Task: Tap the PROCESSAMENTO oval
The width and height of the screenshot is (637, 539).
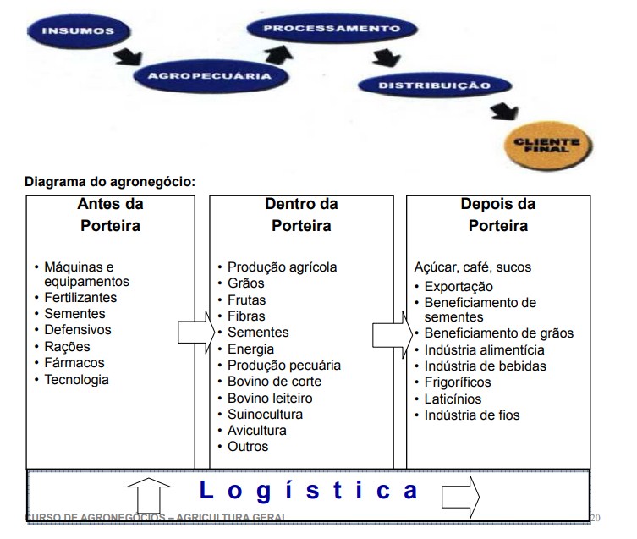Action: (331, 28)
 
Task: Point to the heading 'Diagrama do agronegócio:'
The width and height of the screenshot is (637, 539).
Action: (110, 181)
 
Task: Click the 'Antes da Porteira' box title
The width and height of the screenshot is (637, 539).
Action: (110, 215)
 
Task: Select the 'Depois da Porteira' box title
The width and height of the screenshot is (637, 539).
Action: (498, 215)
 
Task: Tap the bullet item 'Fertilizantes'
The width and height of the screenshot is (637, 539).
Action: (81, 298)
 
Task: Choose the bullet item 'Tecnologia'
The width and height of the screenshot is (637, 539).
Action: (77, 379)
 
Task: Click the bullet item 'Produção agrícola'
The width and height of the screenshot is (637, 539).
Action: (282, 267)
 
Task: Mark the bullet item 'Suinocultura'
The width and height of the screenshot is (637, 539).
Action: (265, 415)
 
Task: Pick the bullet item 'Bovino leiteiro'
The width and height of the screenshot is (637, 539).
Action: (270, 398)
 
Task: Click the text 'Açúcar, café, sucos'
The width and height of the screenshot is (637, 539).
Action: (473, 267)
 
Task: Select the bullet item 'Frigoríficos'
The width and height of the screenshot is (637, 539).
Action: (469, 382)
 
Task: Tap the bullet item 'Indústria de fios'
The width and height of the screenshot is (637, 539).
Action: (472, 415)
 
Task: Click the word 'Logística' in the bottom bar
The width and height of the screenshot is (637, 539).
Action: (309, 490)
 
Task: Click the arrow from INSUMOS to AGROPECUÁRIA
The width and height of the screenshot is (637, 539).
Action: (129, 58)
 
